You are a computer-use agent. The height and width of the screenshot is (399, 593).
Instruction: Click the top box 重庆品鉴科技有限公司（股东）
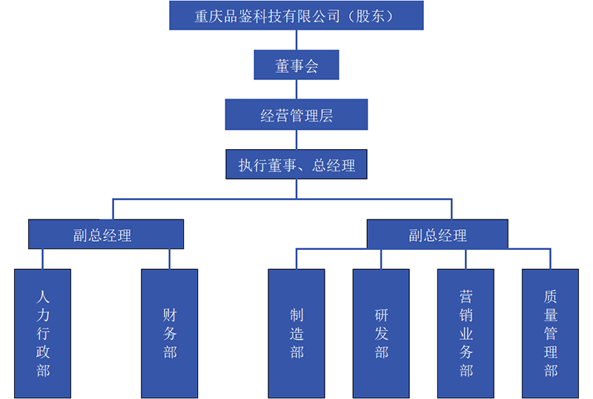pyautogui.click(x=296, y=16)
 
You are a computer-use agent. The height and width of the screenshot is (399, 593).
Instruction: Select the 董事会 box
pyautogui.click(x=296, y=65)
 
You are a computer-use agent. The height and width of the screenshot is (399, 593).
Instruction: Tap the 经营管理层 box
pyautogui.click(x=296, y=115)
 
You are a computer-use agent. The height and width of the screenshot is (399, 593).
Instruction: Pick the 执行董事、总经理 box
pyautogui.click(x=296, y=165)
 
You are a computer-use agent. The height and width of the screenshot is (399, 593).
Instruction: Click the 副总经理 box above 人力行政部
pyautogui.click(x=106, y=234)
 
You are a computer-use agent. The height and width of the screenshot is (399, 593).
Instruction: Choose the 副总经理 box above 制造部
pyautogui.click(x=437, y=234)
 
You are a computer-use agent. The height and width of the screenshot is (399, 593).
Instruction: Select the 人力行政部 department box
pyautogui.click(x=43, y=333)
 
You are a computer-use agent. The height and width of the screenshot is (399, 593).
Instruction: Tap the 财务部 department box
pyautogui.click(x=170, y=333)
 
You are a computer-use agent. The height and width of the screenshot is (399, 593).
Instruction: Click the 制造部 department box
pyautogui.click(x=296, y=333)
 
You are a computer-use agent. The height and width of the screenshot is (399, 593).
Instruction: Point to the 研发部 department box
pyautogui.click(x=381, y=333)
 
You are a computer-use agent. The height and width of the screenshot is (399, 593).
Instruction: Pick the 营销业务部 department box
pyautogui.click(x=466, y=333)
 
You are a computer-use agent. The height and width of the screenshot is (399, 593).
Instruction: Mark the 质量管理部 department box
pyautogui.click(x=550, y=333)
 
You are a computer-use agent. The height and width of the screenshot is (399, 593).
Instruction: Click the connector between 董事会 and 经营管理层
pyautogui.click(x=296, y=90)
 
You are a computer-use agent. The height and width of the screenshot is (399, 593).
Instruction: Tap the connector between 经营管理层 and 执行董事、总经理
pyautogui.click(x=296, y=139)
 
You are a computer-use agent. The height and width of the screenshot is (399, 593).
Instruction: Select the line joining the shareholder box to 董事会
pyautogui.click(x=296, y=40)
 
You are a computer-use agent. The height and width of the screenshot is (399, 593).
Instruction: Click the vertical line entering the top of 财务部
pyautogui.click(x=170, y=259)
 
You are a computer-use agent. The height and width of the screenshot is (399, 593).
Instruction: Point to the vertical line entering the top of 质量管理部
pyautogui.click(x=550, y=259)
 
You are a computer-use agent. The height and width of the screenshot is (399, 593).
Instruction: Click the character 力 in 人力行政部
pyautogui.click(x=43, y=314)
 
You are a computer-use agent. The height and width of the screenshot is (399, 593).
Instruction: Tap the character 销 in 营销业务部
pyautogui.click(x=466, y=314)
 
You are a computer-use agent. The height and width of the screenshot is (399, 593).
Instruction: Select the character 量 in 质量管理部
pyautogui.click(x=550, y=314)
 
